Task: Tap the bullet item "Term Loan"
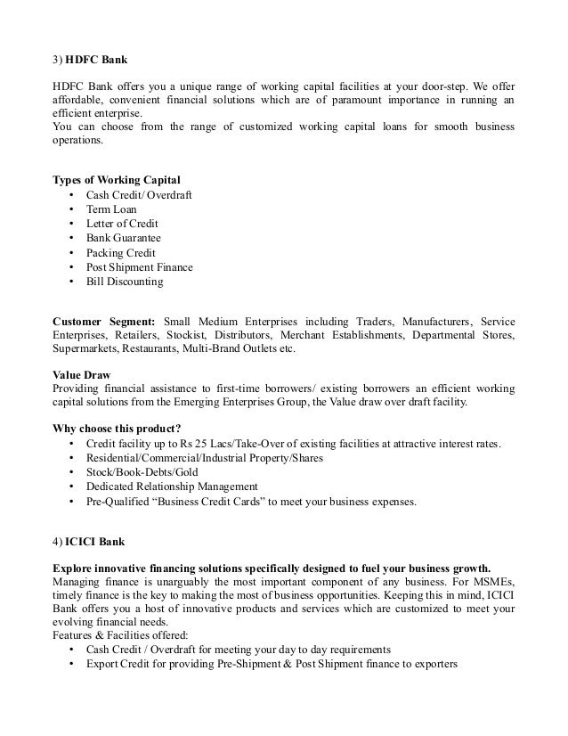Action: pyautogui.click(x=111, y=209)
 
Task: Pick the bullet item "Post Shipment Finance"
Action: pyautogui.click(x=139, y=267)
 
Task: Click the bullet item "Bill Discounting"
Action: pyautogui.click(x=124, y=282)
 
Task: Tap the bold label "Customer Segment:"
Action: pyautogui.click(x=104, y=320)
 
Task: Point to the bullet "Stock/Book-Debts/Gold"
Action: pyautogui.click(x=142, y=472)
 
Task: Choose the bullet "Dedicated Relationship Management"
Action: pyautogui.click(x=172, y=487)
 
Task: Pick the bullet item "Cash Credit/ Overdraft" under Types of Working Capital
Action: pyautogui.click(x=140, y=195)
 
